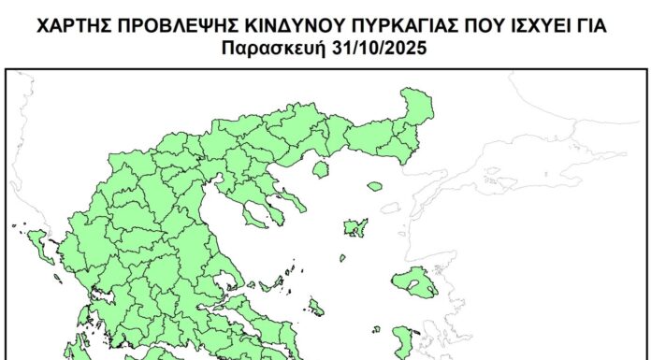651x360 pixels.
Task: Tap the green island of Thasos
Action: pyautogui.click(x=320, y=170)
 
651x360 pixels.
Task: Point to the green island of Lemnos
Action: pyautogui.click(x=354, y=227)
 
